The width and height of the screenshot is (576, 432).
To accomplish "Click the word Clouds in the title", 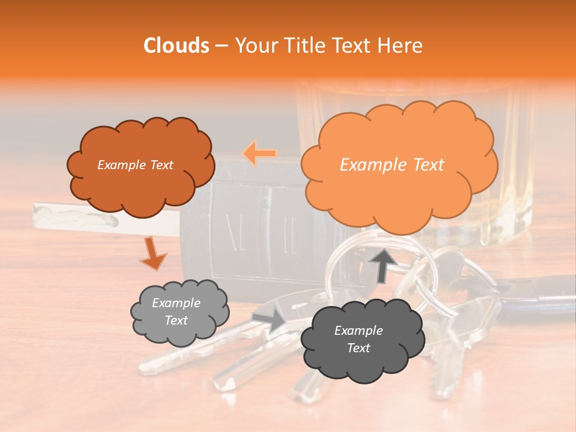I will coord(176,46).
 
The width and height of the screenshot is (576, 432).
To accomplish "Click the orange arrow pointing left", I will coord(260,154).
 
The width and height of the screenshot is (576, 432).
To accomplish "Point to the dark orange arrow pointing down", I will coord(153,253).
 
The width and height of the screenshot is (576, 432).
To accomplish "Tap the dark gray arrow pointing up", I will coord(383,265).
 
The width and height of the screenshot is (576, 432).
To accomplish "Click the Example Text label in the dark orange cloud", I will coord(135,165).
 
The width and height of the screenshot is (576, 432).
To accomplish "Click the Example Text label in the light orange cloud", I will coord(392,165).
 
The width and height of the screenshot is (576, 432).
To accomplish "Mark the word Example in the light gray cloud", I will coord(176,303).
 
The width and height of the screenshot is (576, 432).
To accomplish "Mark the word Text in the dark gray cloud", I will coord(358,348).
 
